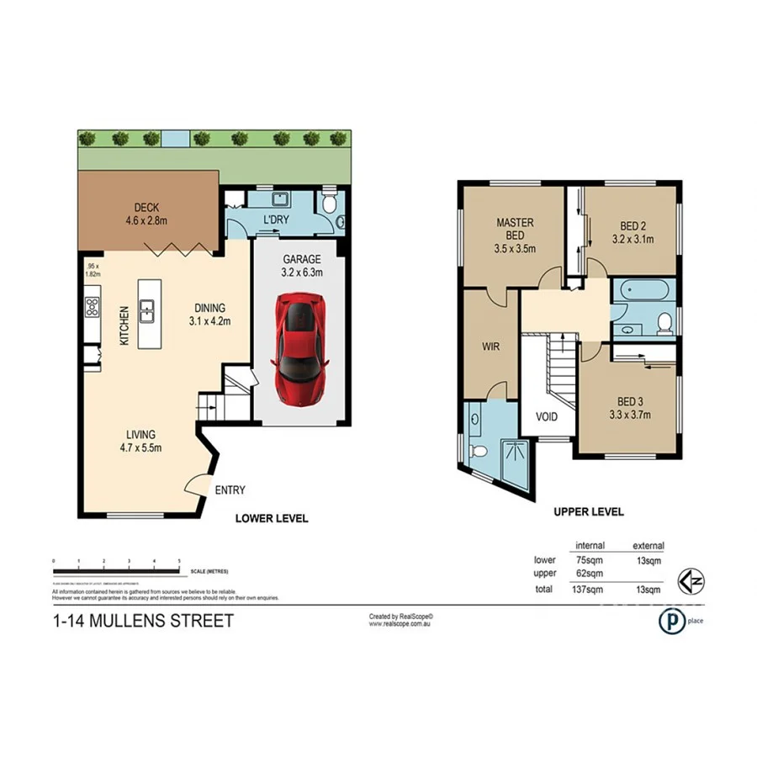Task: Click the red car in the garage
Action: tap(299, 347)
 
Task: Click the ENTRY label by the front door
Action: tap(230, 490)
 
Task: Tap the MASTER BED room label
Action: tap(514, 236)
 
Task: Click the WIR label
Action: tap(491, 346)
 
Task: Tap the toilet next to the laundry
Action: tap(330, 202)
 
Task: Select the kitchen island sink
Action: tap(146, 311)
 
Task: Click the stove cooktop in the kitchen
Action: tap(91, 307)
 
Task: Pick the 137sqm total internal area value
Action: tap(588, 590)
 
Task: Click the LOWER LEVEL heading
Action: tap(271, 518)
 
